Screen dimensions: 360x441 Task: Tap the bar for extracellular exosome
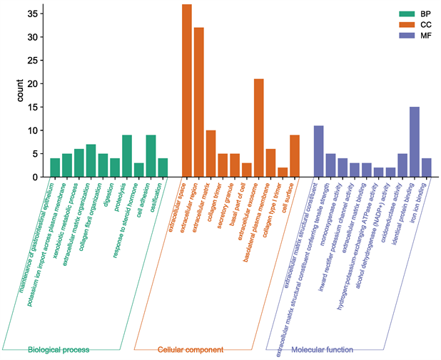(259, 128)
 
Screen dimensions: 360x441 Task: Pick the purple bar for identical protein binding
(415, 142)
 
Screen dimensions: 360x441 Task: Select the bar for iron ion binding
(427, 168)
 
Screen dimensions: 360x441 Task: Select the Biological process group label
(59, 350)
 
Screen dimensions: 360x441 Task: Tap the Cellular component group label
(191, 350)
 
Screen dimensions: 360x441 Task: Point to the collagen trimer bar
(223, 165)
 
